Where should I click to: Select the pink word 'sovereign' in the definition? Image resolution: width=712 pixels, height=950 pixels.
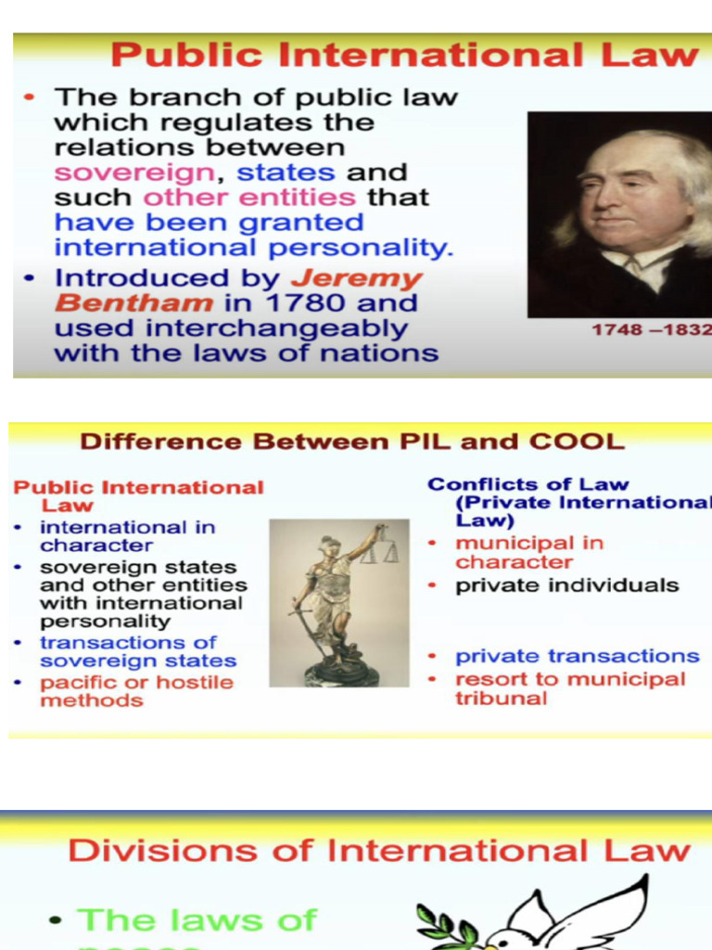coord(133,173)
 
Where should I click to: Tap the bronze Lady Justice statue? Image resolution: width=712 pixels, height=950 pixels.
coord(338,603)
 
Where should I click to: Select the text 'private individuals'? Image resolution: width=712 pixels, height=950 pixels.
coord(566,585)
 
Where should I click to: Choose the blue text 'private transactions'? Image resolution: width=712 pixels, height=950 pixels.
coord(577,656)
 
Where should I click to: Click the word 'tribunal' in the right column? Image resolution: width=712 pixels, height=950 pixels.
coord(501,699)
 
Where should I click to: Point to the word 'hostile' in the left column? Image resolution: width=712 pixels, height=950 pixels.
coord(197,683)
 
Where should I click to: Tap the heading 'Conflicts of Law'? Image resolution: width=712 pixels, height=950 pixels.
coord(528,484)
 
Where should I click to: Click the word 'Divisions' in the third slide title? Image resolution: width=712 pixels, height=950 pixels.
coord(161,851)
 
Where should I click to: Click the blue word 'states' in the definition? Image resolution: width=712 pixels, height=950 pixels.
coord(286,173)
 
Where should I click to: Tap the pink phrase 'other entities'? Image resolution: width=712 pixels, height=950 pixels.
coord(249,198)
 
